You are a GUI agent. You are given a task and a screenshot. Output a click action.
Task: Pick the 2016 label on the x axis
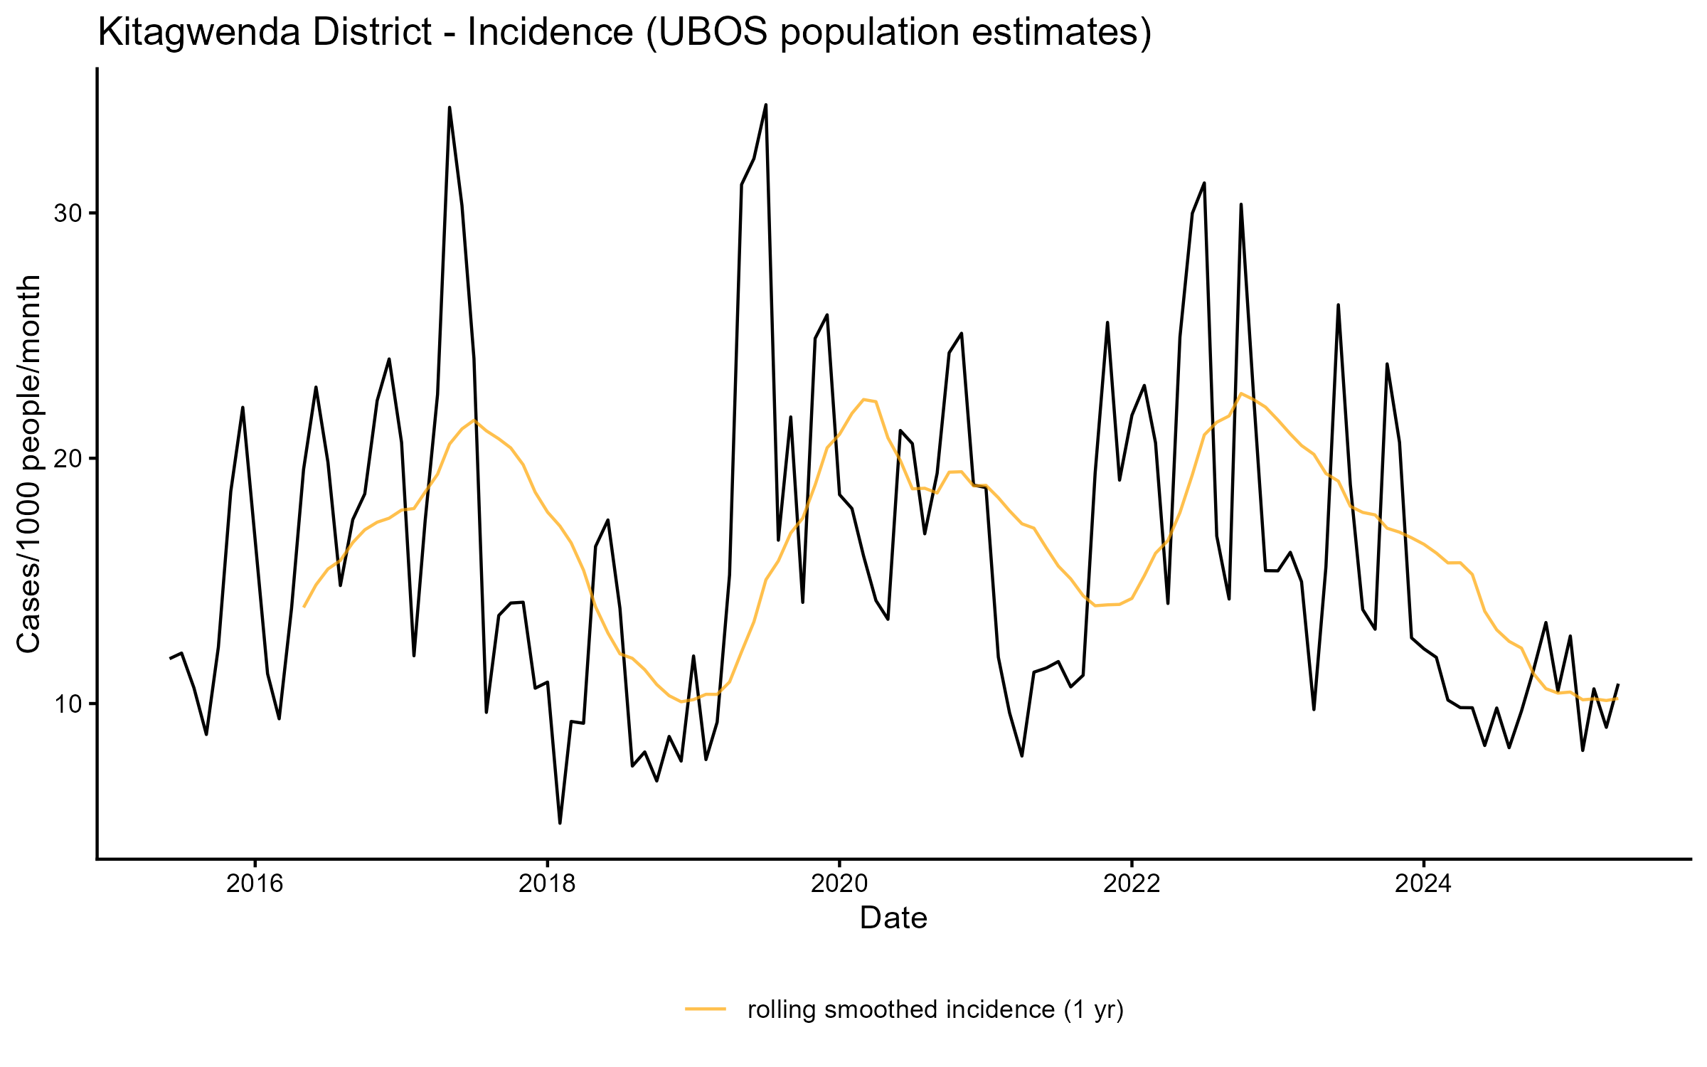pyautogui.click(x=255, y=883)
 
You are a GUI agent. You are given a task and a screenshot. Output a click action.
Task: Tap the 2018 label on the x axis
pyautogui.click(x=547, y=883)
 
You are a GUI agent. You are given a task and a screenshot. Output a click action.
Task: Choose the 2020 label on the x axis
pyautogui.click(x=839, y=883)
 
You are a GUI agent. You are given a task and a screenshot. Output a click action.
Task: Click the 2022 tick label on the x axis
pyautogui.click(x=1132, y=883)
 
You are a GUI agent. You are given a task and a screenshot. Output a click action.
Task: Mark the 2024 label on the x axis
pyautogui.click(x=1423, y=883)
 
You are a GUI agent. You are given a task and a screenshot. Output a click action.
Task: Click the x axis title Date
pyautogui.click(x=893, y=918)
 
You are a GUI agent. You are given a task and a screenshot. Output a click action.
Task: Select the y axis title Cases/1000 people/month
pyautogui.click(x=29, y=464)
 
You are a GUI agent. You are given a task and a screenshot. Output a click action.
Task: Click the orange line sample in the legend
pyautogui.click(x=706, y=1009)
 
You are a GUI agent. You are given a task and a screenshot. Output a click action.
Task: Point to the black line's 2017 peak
pyautogui.click(x=450, y=107)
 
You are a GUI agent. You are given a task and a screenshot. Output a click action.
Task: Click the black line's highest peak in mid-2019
pyautogui.click(x=765, y=105)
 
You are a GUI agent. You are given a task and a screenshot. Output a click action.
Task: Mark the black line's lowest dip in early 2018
pyautogui.click(x=560, y=823)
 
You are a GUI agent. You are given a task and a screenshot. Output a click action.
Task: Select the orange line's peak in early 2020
pyautogui.click(x=863, y=400)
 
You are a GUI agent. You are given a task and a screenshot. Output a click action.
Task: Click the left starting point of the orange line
pyautogui.click(x=304, y=607)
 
